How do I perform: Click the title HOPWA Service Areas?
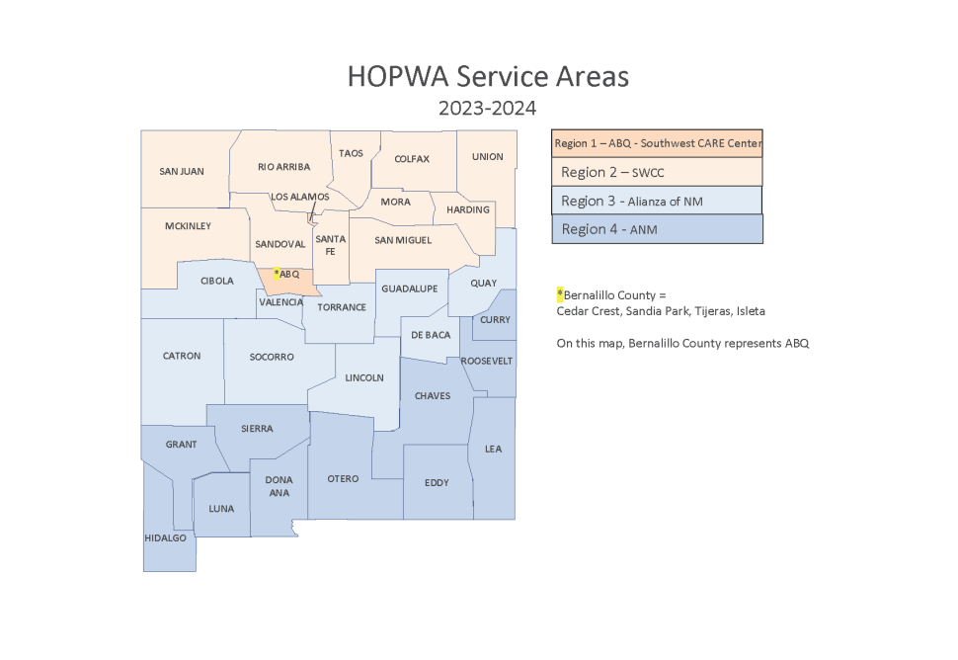tap(488, 77)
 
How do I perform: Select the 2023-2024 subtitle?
tap(488, 109)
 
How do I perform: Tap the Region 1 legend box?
tap(657, 143)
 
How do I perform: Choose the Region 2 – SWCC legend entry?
tap(657, 172)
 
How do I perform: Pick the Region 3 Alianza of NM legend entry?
tap(657, 201)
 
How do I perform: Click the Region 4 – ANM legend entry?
tap(657, 229)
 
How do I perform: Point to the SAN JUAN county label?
tap(182, 172)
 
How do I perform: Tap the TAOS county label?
tap(351, 154)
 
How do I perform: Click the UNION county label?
tap(487, 157)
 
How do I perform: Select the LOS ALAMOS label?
tap(299, 197)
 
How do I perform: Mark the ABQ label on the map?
tap(288, 274)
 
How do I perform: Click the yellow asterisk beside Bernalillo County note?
tap(560, 294)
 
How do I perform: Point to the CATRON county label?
tap(182, 357)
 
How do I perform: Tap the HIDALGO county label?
tap(164, 538)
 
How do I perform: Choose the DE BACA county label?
tap(431, 335)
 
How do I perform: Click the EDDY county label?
tap(436, 483)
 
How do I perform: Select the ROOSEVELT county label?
tap(487, 361)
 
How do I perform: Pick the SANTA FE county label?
tap(330, 245)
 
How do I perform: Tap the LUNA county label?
tap(221, 509)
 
